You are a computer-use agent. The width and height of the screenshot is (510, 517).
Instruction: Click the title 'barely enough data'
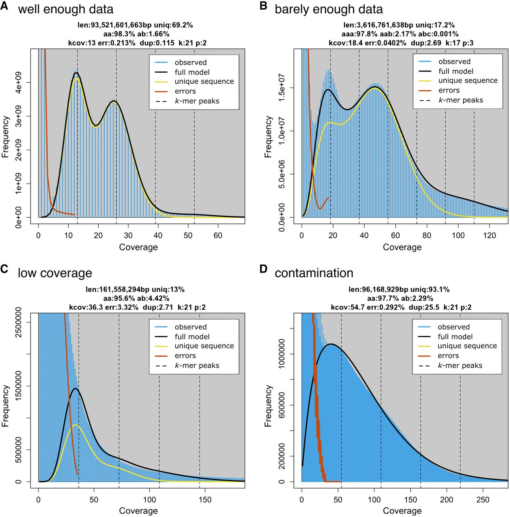click(x=328, y=9)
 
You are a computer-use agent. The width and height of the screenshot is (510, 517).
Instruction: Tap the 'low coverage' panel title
click(x=55, y=273)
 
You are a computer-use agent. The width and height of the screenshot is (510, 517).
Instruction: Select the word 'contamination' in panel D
click(x=314, y=273)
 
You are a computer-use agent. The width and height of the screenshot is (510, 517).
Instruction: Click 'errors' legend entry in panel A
click(x=185, y=91)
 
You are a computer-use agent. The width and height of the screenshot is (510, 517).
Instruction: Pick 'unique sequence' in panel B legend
click(x=468, y=80)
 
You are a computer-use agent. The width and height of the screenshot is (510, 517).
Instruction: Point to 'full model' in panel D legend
click(x=455, y=336)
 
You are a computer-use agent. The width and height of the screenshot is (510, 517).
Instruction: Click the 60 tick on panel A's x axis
click(x=218, y=235)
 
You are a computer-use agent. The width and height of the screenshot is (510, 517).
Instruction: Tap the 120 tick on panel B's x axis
click(x=489, y=235)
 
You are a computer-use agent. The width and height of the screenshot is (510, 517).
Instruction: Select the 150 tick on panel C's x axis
click(x=205, y=500)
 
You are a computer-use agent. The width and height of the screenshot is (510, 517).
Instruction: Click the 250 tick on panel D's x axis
click(x=483, y=500)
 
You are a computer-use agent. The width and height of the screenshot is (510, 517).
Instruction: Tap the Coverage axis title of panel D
click(x=402, y=511)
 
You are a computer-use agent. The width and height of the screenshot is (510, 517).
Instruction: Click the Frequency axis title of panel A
click(x=5, y=137)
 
